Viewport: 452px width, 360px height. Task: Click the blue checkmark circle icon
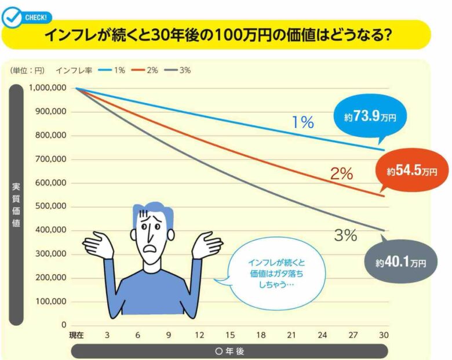(11, 18)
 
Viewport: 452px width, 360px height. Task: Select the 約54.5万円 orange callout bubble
(412, 171)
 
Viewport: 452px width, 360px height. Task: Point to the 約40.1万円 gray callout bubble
(400, 263)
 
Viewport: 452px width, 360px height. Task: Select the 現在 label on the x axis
(76, 336)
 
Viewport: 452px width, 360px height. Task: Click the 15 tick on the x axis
(230, 336)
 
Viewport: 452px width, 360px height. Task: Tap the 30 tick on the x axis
(383, 336)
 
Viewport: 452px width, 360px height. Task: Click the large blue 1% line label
(302, 122)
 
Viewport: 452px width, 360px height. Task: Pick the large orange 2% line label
(341, 173)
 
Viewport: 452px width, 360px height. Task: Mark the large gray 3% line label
(345, 235)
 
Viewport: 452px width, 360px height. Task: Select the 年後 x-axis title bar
(229, 351)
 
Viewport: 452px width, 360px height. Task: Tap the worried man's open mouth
(151, 245)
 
